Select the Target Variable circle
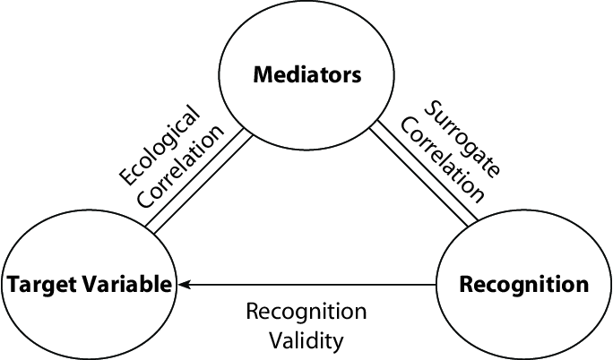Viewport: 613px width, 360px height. pyautogui.click(x=90, y=285)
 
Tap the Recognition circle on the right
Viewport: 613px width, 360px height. pyautogui.click(x=523, y=285)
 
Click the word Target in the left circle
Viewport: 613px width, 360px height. pyautogui.click(x=37, y=285)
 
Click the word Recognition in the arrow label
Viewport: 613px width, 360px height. pyautogui.click(x=306, y=312)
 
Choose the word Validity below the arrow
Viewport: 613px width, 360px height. pyautogui.click(x=306, y=340)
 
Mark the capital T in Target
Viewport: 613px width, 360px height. pyautogui.click(x=13, y=285)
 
